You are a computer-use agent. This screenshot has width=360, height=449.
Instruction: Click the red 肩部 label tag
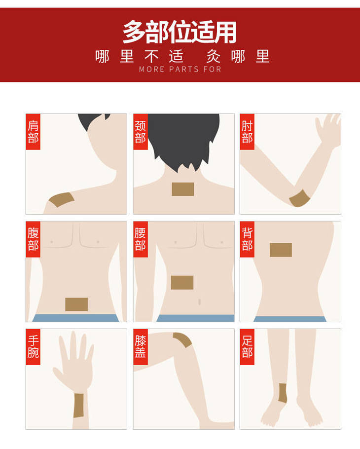pos(33,132)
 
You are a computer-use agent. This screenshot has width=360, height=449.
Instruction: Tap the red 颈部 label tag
pos(140,132)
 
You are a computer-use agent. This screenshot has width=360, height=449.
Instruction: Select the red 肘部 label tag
pos(247,132)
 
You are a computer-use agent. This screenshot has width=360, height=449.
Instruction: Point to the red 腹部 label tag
pos(33,239)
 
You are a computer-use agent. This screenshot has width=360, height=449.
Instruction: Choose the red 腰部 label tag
pos(140,239)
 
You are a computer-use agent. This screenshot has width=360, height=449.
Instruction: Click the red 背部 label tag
pos(247,239)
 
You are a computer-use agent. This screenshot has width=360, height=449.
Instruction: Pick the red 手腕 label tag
pos(33,347)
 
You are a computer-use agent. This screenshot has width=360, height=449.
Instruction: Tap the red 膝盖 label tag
pos(140,347)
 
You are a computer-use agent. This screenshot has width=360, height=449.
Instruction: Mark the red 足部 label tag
pos(247,347)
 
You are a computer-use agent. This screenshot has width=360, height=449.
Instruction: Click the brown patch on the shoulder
pos(62,199)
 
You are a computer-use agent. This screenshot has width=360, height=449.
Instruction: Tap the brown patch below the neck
pos(183,189)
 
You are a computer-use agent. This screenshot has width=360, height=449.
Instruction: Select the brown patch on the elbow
pos(299,198)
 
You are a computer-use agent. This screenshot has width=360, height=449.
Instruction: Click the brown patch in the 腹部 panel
pos(76,304)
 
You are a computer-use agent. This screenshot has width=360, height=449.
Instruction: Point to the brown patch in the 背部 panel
pos(281,250)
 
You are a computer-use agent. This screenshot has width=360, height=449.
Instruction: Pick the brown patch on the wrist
pos(78,406)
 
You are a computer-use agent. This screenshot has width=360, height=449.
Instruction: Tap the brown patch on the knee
pos(183,339)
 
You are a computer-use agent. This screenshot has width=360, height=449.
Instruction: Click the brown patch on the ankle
pos(283,393)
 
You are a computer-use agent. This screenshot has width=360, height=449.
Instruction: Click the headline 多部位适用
pos(180,32)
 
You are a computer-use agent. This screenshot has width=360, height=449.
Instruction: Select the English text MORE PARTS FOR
pos(180,69)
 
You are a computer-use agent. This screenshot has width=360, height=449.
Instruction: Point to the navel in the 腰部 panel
pos(199,301)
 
